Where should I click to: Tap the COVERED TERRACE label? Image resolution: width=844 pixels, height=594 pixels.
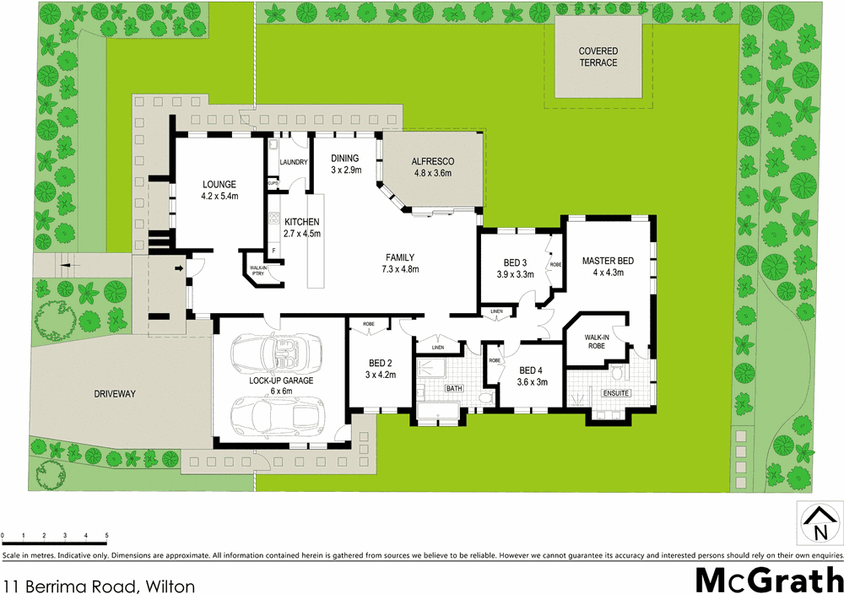pyautogui.click(x=598, y=57)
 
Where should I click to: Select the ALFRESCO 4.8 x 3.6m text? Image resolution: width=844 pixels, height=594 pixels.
pyautogui.click(x=432, y=167)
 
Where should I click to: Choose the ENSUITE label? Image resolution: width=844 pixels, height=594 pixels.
pyautogui.click(x=615, y=393)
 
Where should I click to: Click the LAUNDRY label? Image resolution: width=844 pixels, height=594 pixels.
pyautogui.click(x=292, y=162)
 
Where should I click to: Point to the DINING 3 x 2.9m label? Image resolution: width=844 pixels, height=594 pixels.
pyautogui.click(x=345, y=164)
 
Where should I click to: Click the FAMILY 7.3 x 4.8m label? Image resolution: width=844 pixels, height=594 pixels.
pyautogui.click(x=399, y=263)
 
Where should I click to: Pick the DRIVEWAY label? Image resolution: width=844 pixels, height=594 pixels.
pyautogui.click(x=115, y=393)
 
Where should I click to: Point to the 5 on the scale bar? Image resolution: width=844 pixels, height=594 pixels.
pyautogui.click(x=107, y=535)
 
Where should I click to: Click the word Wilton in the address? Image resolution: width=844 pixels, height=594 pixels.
pyautogui.click(x=171, y=585)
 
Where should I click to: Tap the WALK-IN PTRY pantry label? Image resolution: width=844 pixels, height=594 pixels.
pyautogui.click(x=257, y=272)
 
